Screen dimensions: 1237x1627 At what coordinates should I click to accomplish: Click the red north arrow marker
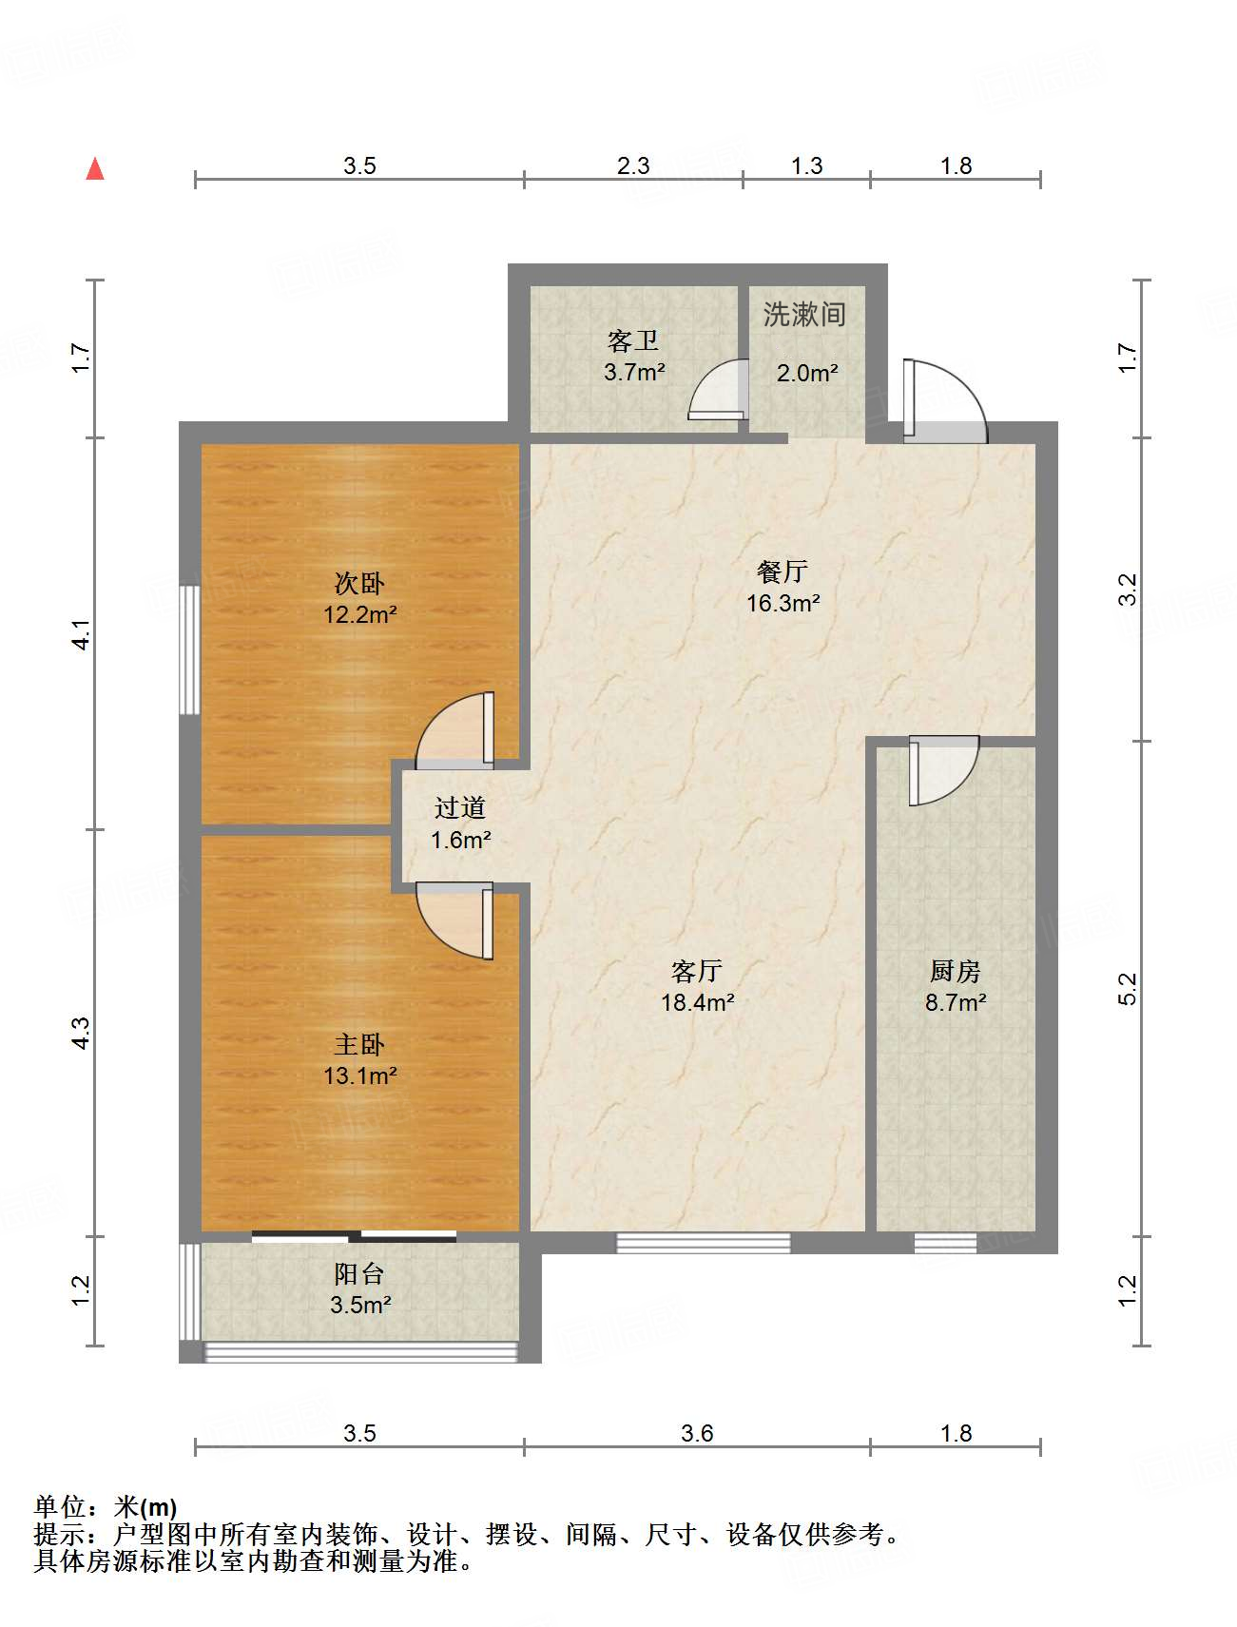(95, 168)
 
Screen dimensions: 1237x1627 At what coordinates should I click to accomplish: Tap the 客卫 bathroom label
(633, 340)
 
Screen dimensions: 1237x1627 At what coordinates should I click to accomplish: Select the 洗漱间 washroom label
(804, 314)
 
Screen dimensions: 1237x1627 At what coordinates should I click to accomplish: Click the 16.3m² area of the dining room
(783, 603)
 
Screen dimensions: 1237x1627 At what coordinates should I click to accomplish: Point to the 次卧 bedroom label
(359, 583)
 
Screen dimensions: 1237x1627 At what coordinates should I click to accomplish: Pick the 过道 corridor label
(460, 808)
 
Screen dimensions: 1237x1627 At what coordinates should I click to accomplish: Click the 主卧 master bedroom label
(359, 1045)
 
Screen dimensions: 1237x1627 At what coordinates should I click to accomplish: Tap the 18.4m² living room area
(697, 1002)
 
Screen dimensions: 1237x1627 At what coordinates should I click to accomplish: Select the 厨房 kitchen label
(955, 971)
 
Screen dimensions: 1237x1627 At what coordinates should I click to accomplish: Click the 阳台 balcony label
(359, 1274)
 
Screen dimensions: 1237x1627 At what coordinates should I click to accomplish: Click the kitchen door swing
(943, 771)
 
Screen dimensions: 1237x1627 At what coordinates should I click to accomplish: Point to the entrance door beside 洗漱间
(944, 400)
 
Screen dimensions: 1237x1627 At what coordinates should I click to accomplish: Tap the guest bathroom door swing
(718, 389)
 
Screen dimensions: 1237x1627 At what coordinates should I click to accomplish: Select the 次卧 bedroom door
(455, 730)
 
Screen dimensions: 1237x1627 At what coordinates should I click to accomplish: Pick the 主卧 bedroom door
(455, 920)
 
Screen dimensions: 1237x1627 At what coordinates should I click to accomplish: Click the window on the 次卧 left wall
(190, 649)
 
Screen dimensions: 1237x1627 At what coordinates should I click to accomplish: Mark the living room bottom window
(704, 1243)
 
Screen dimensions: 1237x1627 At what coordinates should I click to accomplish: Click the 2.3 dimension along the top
(633, 166)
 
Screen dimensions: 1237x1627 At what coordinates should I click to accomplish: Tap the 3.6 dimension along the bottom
(697, 1434)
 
